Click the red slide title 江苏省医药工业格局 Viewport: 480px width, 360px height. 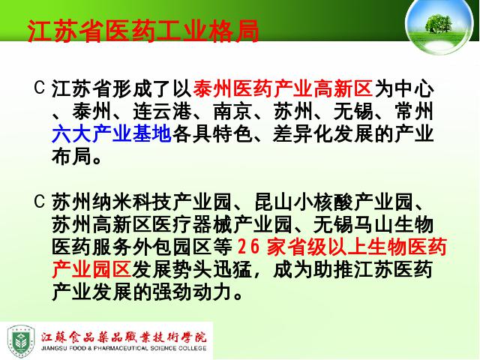pyautogui.click(x=143, y=31)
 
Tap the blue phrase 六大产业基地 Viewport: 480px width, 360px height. pyautogui.click(x=112, y=134)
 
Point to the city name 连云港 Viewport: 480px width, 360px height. pyautogui.click(x=162, y=112)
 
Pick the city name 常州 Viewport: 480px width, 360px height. pyautogui.click(x=414, y=112)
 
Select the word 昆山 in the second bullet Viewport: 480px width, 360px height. pyautogui.click(x=274, y=202)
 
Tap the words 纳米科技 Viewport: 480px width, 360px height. pyautogui.click(x=132, y=202)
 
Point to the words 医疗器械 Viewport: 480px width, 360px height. pyautogui.click(x=192, y=225)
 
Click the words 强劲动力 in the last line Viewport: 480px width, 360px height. pyautogui.click(x=192, y=292)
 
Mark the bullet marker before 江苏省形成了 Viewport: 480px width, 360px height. pyautogui.click(x=40, y=88)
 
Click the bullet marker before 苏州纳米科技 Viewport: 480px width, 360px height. pyautogui.click(x=40, y=202)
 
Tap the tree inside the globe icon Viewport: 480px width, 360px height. pyautogui.click(x=439, y=23)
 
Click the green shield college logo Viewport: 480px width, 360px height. pyautogui.click(x=21, y=341)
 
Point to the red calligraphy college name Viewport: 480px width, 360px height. pyautogui.click(x=124, y=337)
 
